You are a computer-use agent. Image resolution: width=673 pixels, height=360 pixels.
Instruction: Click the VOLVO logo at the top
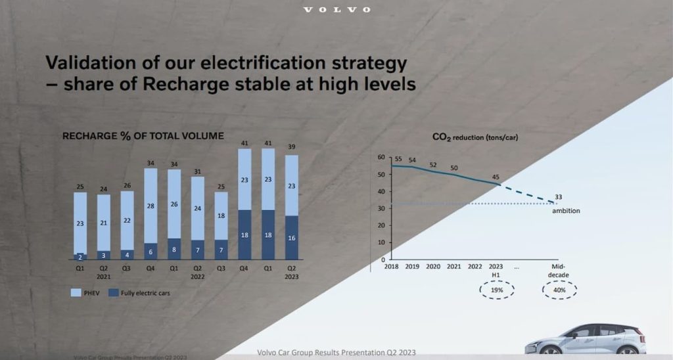pyautogui.click(x=336, y=10)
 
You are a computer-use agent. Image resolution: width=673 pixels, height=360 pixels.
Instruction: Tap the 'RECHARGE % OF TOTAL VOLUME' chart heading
pyautogui.click(x=143, y=136)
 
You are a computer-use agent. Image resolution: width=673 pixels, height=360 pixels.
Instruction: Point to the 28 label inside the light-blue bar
pyautogui.click(x=151, y=206)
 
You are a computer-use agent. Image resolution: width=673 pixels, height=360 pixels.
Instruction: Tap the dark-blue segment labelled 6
pyautogui.click(x=151, y=251)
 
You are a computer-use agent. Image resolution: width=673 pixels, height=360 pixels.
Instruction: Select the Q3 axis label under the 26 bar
pyautogui.click(x=127, y=267)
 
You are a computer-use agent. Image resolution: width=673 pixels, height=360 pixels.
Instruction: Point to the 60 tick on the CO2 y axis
pyautogui.click(x=381, y=158)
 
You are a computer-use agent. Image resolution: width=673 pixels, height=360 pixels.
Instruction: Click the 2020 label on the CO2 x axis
pyautogui.click(x=433, y=267)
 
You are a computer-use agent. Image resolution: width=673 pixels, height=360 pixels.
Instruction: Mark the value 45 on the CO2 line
pyautogui.click(x=496, y=176)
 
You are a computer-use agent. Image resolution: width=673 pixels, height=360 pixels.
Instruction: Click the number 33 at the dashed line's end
pyautogui.click(x=558, y=196)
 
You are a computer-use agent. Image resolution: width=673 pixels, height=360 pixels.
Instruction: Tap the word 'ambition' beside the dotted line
pyautogui.click(x=565, y=211)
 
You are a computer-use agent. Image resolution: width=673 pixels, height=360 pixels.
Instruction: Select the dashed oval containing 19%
pyautogui.click(x=497, y=290)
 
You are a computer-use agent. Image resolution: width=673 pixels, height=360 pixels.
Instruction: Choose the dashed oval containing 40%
pyautogui.click(x=559, y=290)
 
